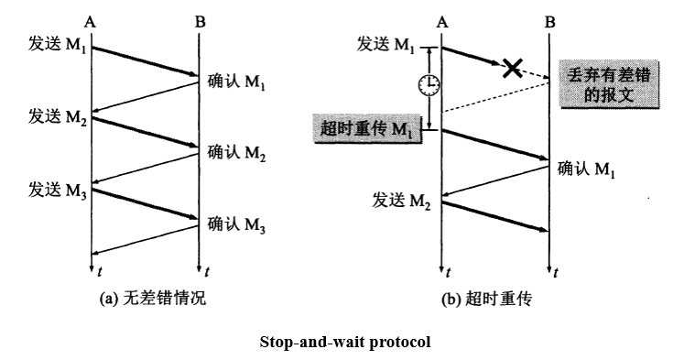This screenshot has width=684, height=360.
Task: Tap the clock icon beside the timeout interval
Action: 428,84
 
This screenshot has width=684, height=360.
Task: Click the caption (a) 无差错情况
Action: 147,299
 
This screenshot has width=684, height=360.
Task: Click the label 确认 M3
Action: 236,223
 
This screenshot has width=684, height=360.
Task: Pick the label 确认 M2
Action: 236,152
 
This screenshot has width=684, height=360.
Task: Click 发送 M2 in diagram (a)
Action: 55,118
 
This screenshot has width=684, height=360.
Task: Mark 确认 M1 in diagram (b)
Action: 586,169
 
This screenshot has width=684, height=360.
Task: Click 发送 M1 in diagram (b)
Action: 388,45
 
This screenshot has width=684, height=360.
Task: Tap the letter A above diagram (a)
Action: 90,19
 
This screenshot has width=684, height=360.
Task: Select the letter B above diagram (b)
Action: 549,19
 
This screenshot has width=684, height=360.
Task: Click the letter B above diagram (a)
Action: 199,19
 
